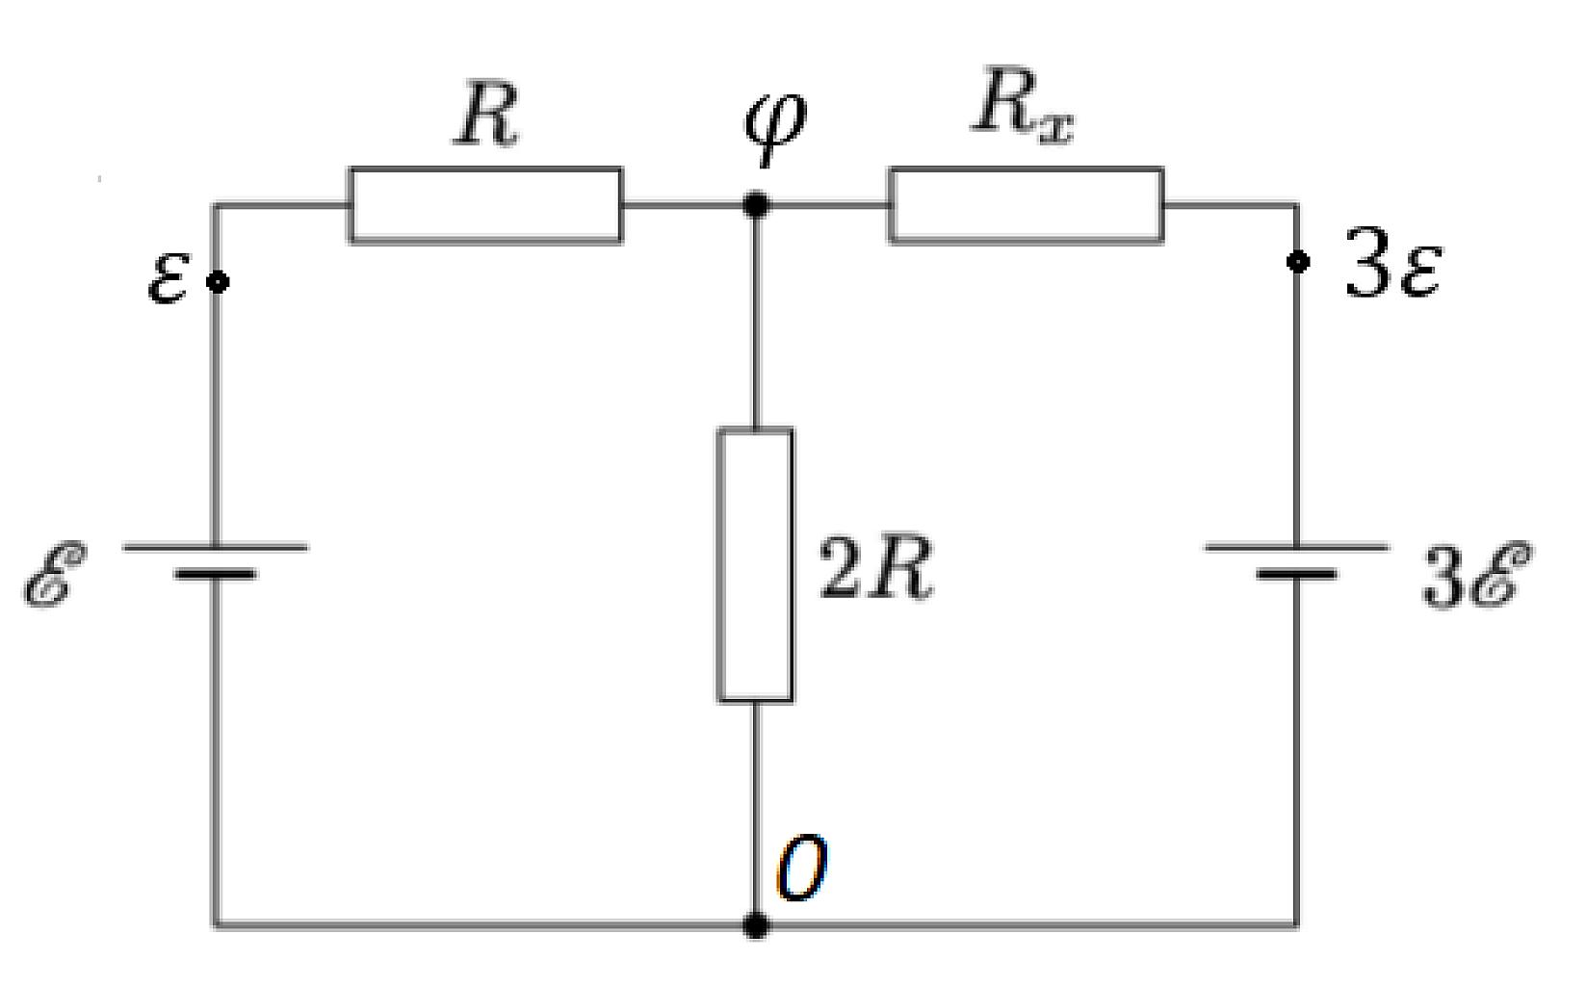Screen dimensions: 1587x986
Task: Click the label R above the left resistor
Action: tap(485, 115)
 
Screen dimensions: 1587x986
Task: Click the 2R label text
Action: tap(875, 568)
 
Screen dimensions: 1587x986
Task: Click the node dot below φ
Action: tap(756, 205)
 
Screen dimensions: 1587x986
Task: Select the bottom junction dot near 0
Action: tap(756, 925)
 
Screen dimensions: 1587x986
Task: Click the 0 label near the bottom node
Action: tap(802, 867)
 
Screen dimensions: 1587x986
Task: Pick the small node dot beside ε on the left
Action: tap(218, 282)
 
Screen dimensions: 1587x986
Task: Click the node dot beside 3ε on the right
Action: tap(1298, 261)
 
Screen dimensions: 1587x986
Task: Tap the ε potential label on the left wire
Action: tap(169, 279)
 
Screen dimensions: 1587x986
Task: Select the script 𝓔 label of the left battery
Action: tap(55, 574)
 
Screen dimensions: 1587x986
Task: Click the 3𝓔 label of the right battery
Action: tap(1478, 574)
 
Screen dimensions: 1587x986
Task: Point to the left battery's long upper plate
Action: tap(216, 547)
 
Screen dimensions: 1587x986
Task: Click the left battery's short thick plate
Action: tap(216, 574)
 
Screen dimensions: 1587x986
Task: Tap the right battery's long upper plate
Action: tap(1297, 547)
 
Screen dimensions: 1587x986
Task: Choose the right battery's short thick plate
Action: tap(1297, 574)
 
